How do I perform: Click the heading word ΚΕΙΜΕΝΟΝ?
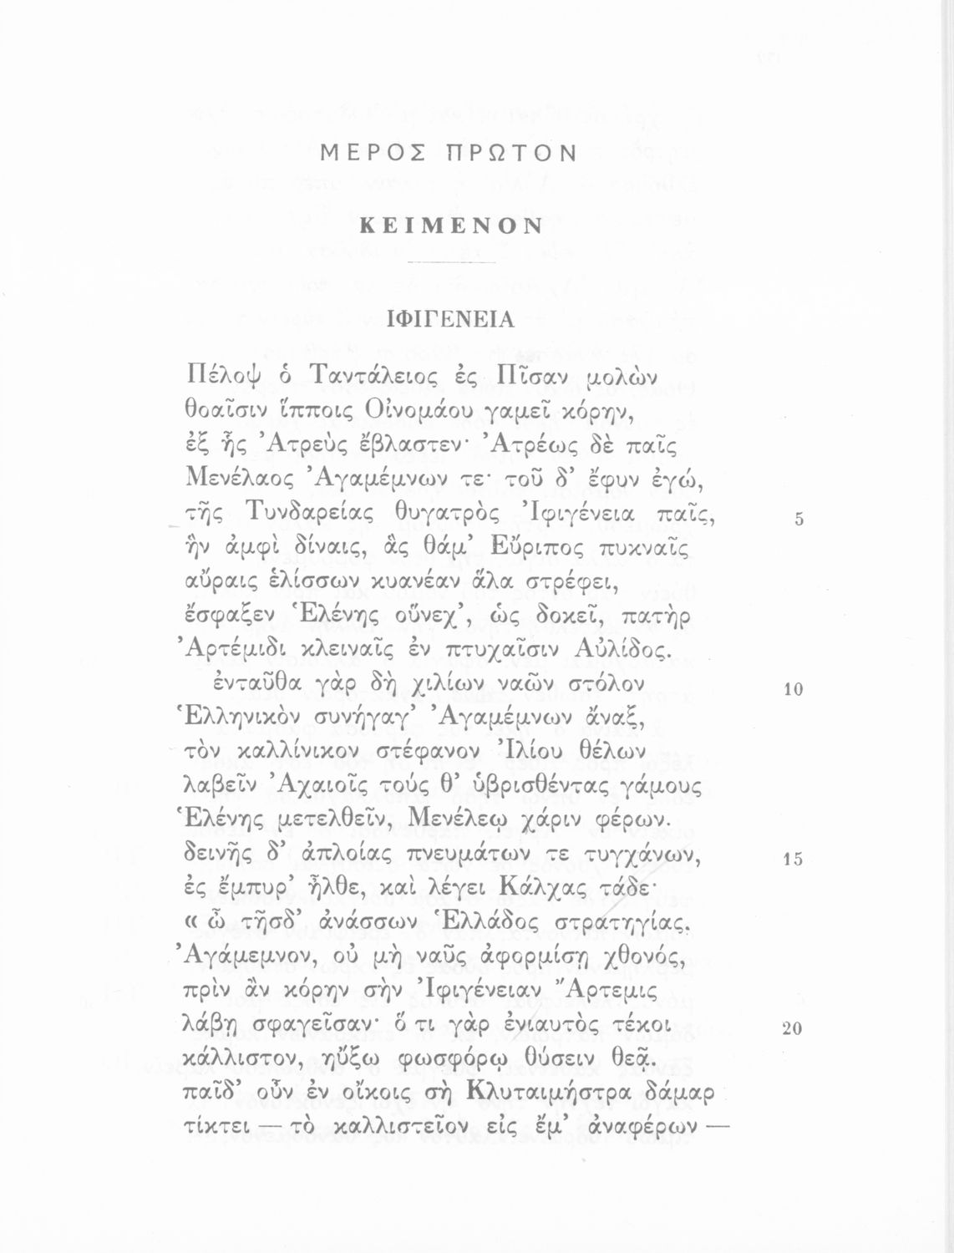coord(451,226)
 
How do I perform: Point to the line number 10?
coord(793,689)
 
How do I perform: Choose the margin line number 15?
coord(793,860)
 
